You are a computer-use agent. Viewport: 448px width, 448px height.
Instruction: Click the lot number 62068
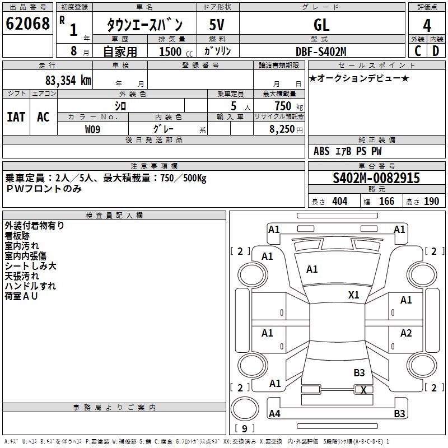(28, 25)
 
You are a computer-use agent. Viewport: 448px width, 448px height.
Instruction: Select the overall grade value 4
(427, 26)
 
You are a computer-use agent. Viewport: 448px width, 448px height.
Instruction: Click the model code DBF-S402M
(321, 51)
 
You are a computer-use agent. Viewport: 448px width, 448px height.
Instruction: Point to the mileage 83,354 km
(68, 80)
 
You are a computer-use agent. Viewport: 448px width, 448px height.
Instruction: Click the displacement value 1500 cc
(174, 52)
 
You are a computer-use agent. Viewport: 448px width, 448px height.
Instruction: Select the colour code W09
(93, 129)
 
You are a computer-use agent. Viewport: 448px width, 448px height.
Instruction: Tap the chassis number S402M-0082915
(376, 178)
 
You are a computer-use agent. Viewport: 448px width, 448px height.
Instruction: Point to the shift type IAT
(16, 116)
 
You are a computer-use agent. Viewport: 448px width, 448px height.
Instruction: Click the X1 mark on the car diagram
(354, 295)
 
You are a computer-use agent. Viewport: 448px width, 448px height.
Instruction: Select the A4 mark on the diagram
(274, 414)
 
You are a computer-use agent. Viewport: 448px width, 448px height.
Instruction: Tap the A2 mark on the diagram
(406, 333)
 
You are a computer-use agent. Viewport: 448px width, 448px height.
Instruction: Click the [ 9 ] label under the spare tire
(245, 429)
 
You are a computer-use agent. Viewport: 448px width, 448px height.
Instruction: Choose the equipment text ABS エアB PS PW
(348, 151)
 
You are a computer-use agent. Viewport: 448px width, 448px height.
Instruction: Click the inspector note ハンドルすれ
(30, 286)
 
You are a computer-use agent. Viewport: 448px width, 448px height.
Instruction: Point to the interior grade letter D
(436, 51)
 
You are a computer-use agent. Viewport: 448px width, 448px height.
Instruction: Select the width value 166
(387, 201)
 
